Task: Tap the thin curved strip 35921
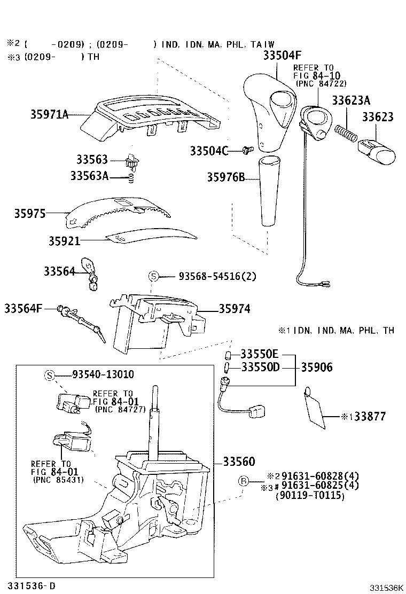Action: (x=150, y=236)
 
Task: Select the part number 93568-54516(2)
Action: (x=217, y=276)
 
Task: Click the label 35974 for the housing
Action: (x=234, y=309)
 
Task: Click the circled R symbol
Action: (x=243, y=482)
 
